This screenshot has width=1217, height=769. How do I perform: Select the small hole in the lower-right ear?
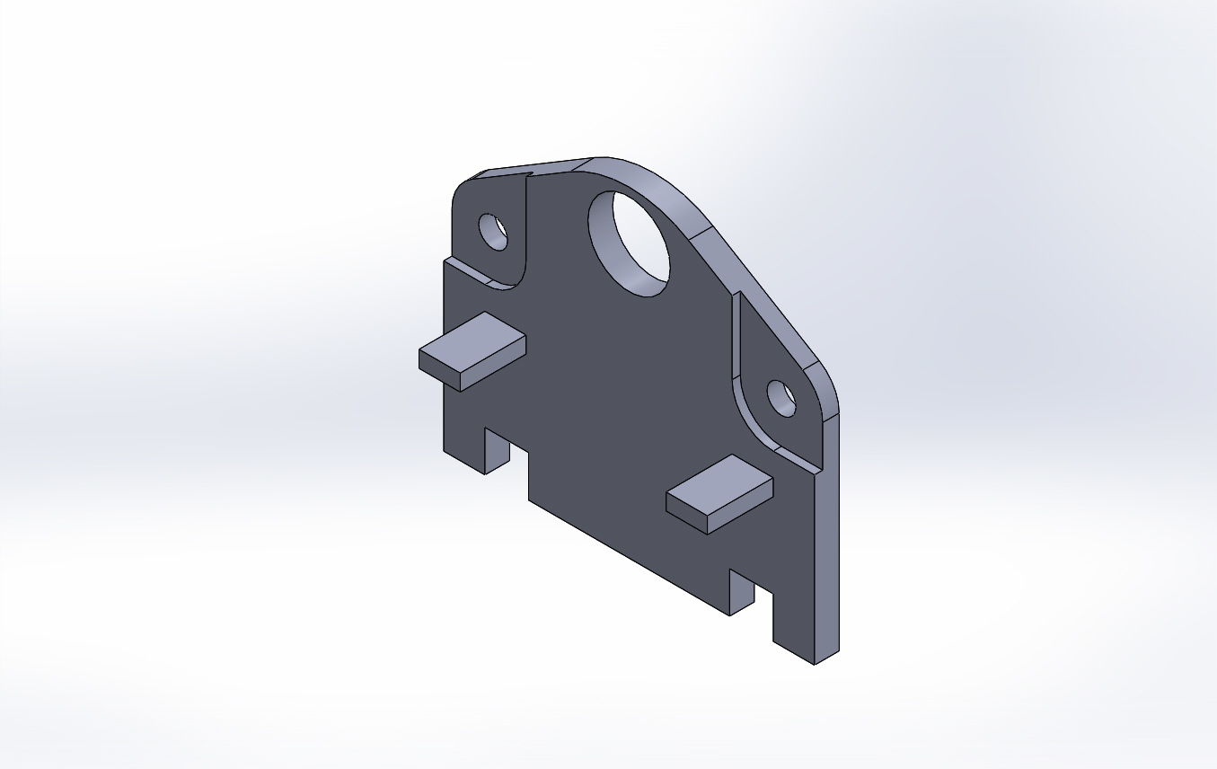[x=780, y=397]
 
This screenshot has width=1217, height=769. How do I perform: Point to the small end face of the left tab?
[x=439, y=370]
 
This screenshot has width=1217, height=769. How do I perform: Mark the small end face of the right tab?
[x=686, y=514]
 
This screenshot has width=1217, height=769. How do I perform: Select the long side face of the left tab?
[x=493, y=364]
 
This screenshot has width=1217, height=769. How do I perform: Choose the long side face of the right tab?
[x=740, y=508]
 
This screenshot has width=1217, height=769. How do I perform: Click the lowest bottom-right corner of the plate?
[x=814, y=664]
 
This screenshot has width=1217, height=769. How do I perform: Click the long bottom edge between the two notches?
[x=629, y=558]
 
